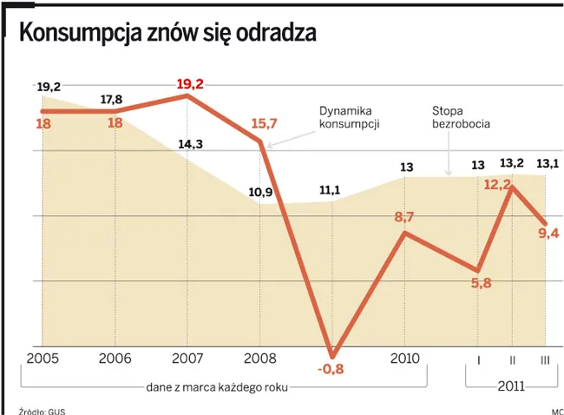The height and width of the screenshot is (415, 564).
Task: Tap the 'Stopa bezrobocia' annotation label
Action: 461,118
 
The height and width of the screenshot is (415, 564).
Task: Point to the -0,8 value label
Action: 331,368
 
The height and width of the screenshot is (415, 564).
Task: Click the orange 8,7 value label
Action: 403,217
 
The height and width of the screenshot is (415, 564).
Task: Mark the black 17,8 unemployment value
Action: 111,99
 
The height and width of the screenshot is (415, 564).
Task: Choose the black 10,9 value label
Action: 261,192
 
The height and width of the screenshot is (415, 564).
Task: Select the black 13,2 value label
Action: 512,163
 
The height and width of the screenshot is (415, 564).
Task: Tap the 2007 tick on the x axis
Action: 188,358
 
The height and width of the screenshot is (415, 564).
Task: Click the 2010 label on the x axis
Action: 404,358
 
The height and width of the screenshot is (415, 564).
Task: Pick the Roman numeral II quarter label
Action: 512,359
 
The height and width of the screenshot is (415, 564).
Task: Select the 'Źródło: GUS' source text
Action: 42,410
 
